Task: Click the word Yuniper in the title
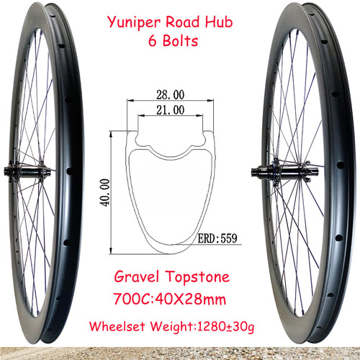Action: pos(134,23)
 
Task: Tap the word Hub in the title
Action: pos(219,22)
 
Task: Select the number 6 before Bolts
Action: pos(153,40)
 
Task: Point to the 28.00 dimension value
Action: pos(171,94)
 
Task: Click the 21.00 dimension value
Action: pos(171,110)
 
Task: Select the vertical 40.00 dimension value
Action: pos(105,192)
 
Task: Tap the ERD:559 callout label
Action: pos(217,238)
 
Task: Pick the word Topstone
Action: pos(198,277)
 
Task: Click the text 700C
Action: pos(132,300)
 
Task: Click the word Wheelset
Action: pos(117,326)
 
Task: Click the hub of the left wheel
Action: pos(29,171)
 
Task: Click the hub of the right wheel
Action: pos(285,172)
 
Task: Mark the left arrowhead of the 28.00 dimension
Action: pos(130,101)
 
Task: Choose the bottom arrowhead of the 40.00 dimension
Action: pos(111,251)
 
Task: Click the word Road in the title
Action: pos(183,22)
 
